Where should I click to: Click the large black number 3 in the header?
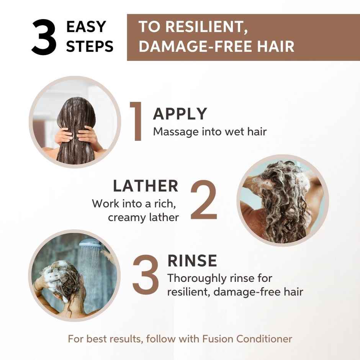(x=44, y=38)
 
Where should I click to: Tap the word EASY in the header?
(x=86, y=27)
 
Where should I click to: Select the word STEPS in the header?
(x=90, y=46)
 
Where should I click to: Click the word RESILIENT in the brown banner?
(x=201, y=27)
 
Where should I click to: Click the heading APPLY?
(x=180, y=114)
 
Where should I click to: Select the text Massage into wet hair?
(x=210, y=132)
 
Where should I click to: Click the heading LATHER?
(x=146, y=186)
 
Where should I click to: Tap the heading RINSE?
(x=192, y=261)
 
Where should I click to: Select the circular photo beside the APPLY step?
(x=75, y=122)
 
